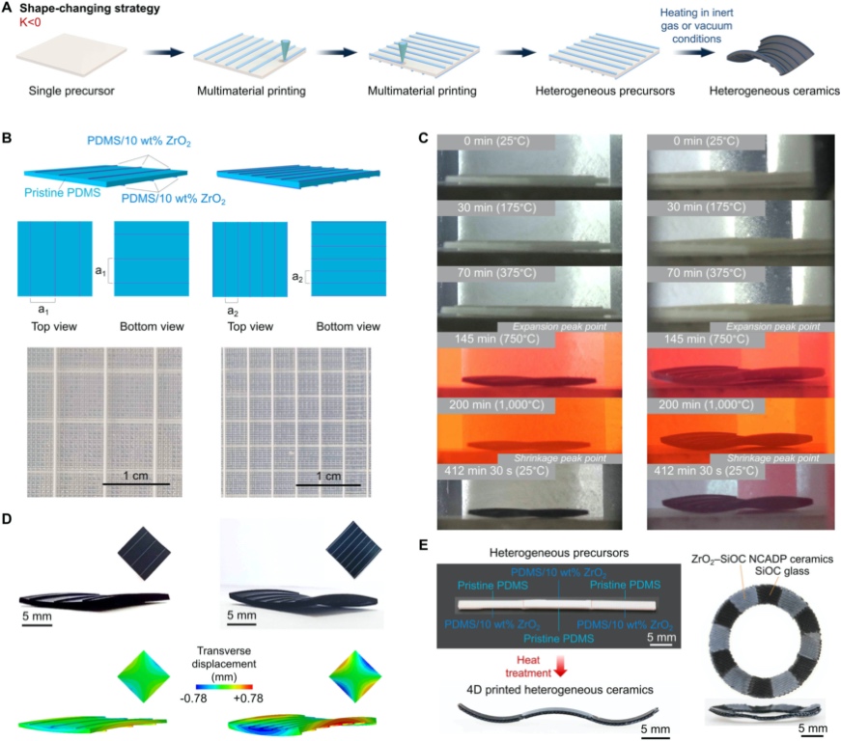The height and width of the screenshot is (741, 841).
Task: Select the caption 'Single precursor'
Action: pos(61,96)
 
